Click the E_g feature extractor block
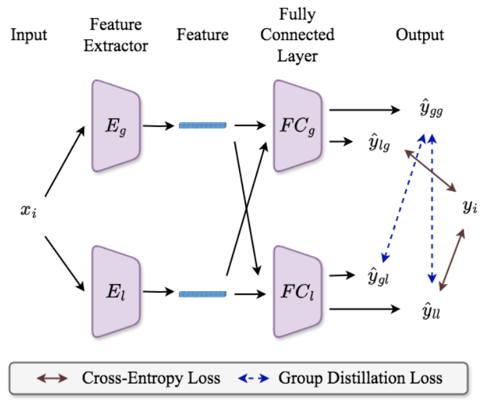(x=116, y=125)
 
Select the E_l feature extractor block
(x=116, y=292)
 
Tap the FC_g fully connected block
(x=297, y=125)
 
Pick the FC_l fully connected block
(x=297, y=292)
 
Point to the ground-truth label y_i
(x=470, y=207)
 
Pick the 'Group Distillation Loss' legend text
(x=360, y=378)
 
